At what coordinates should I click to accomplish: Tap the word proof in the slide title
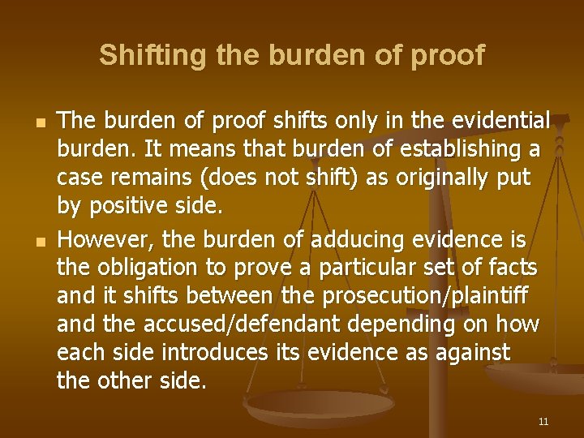click(449, 55)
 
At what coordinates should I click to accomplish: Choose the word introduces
click(214, 353)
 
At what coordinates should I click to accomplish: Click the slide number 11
click(543, 422)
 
